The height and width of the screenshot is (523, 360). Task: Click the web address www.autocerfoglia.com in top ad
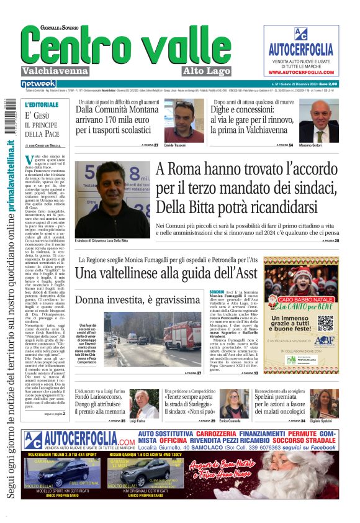click(x=302, y=72)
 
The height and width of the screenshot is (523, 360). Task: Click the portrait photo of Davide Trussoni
click(x=184, y=121)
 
